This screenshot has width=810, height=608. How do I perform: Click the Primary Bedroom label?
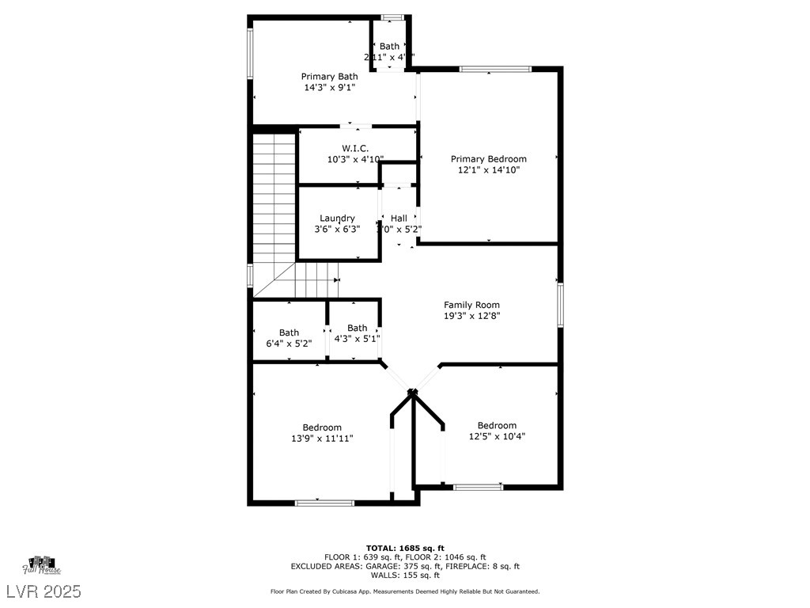pyautogui.click(x=488, y=159)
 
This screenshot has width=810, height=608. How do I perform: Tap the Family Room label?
pyautogui.click(x=471, y=305)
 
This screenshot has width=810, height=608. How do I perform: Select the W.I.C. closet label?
pyautogui.click(x=355, y=149)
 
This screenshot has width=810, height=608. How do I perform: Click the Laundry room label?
pyautogui.click(x=337, y=218)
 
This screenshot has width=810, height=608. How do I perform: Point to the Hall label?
pyautogui.click(x=399, y=218)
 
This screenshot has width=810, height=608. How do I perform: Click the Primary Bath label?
pyautogui.click(x=329, y=77)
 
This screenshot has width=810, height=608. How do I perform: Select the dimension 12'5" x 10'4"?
pyautogui.click(x=497, y=436)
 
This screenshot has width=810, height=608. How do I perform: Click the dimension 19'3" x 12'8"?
pyautogui.click(x=471, y=316)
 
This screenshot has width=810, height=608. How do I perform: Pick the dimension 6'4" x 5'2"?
pyautogui.click(x=289, y=344)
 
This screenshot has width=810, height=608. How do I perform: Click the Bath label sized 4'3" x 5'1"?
pyautogui.click(x=357, y=328)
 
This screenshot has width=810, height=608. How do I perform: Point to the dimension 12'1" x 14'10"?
pyautogui.click(x=488, y=169)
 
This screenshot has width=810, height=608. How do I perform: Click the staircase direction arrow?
pyautogui.click(x=337, y=279)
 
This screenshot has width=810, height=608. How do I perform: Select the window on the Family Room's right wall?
pyautogui.click(x=560, y=305)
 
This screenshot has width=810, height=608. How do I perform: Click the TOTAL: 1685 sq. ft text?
pyautogui.click(x=405, y=548)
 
